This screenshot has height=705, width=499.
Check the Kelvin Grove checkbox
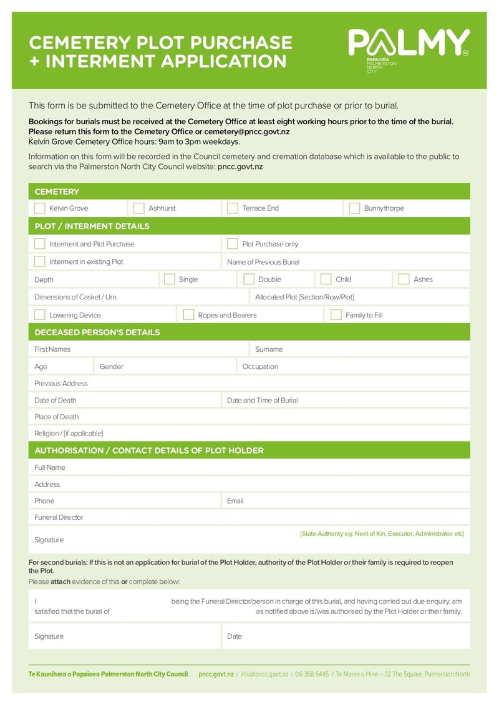coord(40,208)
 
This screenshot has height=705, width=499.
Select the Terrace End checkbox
coord(233,208)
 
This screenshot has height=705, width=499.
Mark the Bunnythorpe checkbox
coord(354,208)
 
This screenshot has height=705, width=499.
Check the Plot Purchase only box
coord(233,244)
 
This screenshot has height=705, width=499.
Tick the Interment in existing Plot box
coord(40,261)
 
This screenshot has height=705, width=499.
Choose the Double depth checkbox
coord(249,280)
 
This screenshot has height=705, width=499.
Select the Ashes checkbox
coord(404,280)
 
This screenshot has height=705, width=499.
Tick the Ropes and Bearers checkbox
coord(188,315)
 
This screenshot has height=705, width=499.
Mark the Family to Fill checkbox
coord(336,315)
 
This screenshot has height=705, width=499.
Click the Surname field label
coord(269,349)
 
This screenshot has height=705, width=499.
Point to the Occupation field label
coord(260,367)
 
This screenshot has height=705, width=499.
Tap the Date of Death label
coord(56,401)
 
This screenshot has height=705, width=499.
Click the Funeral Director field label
coord(59,517)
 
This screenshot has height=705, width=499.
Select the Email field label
coord(235,501)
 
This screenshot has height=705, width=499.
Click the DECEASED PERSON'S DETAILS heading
coord(97,333)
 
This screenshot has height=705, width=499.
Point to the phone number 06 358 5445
coord(311,674)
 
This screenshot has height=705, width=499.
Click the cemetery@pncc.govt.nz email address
coord(247,132)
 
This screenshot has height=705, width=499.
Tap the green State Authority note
coord(382,534)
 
